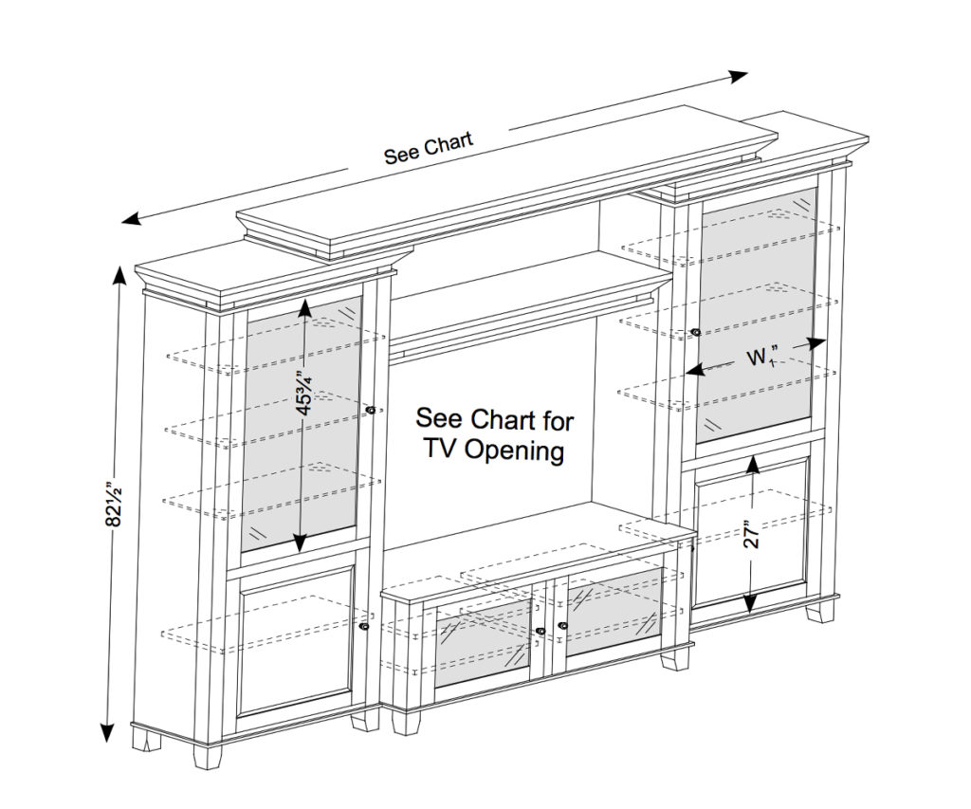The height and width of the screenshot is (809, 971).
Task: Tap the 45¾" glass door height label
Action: (304, 393)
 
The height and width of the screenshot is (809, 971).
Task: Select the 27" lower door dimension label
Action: (752, 536)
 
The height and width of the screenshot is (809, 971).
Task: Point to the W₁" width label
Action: (759, 358)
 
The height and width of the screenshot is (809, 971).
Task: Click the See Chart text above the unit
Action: (428, 150)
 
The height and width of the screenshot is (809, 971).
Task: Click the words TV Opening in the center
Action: (494, 450)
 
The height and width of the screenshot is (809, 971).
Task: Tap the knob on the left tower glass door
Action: (370, 410)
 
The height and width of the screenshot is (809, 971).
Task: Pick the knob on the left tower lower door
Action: (364, 627)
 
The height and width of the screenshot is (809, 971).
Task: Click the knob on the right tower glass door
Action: (696, 332)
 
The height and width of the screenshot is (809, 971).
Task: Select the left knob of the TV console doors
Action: (540, 631)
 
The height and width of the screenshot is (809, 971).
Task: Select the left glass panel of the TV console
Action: (483, 645)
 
